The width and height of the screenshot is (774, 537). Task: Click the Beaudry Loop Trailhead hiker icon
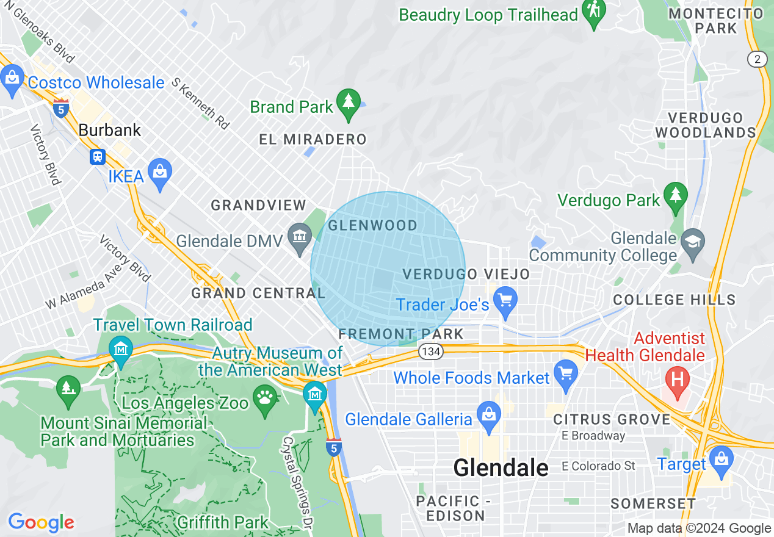593,11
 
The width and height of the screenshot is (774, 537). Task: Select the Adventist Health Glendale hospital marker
677,380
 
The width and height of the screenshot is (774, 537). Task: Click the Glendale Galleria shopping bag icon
488,415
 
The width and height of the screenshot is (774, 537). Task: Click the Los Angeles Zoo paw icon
265,398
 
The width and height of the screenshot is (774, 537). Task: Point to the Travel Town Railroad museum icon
120,350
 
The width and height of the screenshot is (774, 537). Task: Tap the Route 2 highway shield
757,59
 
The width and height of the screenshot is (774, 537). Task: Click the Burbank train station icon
97,157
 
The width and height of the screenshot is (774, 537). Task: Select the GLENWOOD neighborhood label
372,226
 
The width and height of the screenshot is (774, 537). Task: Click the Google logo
42,522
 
